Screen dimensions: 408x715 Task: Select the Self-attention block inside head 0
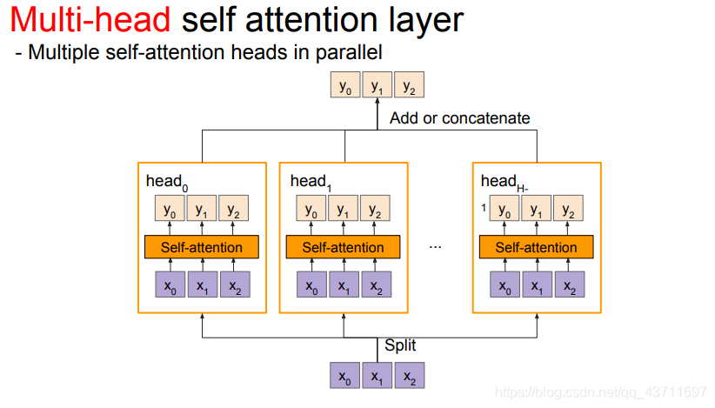tap(202, 247)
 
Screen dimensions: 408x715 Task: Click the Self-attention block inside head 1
tap(343, 247)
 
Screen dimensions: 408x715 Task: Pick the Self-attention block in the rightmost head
tap(536, 247)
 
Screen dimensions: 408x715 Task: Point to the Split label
tap(401, 345)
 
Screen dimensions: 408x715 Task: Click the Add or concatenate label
tap(459, 118)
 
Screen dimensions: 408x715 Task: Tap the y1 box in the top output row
tap(377, 86)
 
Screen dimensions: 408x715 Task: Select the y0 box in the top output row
tap(345, 86)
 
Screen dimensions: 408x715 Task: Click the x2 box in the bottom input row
tap(408, 377)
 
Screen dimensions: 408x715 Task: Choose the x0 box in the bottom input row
tap(345, 377)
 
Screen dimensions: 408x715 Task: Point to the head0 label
tap(166, 182)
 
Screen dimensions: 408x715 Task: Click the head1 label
tap(311, 182)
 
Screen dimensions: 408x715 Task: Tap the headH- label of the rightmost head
tap(504, 182)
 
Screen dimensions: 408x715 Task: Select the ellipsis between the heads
tap(436, 247)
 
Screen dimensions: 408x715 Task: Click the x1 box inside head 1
tap(343, 284)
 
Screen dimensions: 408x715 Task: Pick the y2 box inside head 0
tap(232, 210)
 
